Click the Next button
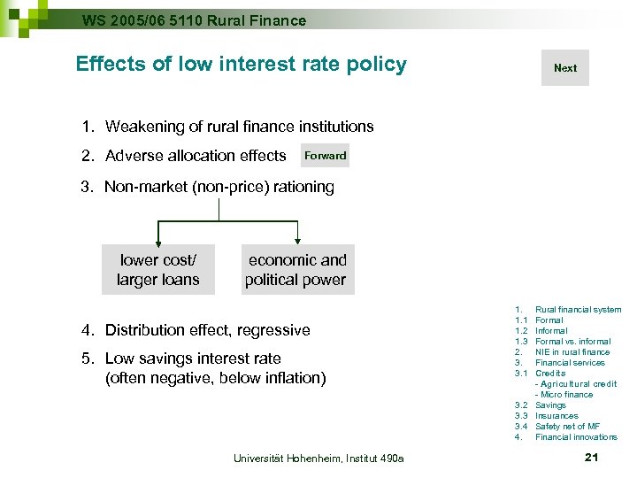click(564, 68)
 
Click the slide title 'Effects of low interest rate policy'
click(241, 64)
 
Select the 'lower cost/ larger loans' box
click(158, 270)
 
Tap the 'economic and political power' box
click(297, 270)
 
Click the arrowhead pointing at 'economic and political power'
click(298, 239)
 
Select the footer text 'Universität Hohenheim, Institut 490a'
click(318, 458)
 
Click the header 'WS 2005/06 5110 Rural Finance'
click(194, 19)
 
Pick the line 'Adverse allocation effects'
click(196, 156)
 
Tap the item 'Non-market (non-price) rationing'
click(219, 187)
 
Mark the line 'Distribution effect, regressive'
click(207, 330)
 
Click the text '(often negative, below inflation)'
click(216, 379)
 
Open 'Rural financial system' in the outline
click(578, 310)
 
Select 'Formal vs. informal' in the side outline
click(572, 342)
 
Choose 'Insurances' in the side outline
click(556, 416)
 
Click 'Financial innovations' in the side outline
click(576, 437)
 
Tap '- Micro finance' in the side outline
click(565, 395)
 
